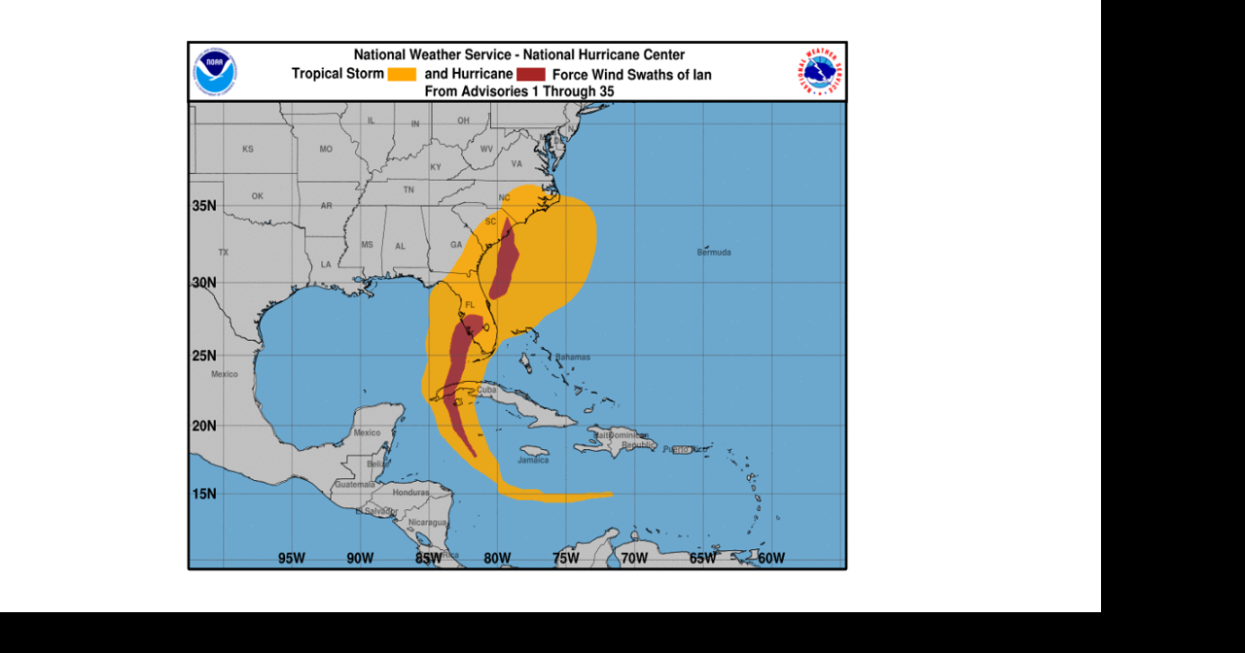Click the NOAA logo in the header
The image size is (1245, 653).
click(x=215, y=72)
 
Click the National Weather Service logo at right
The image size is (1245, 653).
click(x=822, y=72)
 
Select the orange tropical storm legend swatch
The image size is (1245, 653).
click(x=402, y=75)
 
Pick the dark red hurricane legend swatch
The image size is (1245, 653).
click(x=530, y=75)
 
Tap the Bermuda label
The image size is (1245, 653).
click(x=714, y=253)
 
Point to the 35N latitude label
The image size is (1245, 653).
click(x=204, y=206)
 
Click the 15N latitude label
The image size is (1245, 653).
click(x=204, y=494)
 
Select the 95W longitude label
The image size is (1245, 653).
click(x=292, y=558)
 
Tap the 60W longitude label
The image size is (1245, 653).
click(x=771, y=558)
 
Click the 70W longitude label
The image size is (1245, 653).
click(x=634, y=558)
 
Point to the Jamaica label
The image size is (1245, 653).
click(x=533, y=461)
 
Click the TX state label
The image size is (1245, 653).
click(x=224, y=253)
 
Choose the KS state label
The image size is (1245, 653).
click(x=248, y=150)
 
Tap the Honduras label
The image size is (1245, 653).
click(x=411, y=493)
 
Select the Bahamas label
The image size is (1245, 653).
click(x=573, y=357)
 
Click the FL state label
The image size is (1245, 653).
click(x=471, y=305)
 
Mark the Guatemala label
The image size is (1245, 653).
click(x=354, y=484)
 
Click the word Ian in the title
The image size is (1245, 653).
click(x=701, y=75)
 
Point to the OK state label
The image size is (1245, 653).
click(x=258, y=196)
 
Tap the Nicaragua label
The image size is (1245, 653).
click(x=427, y=523)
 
